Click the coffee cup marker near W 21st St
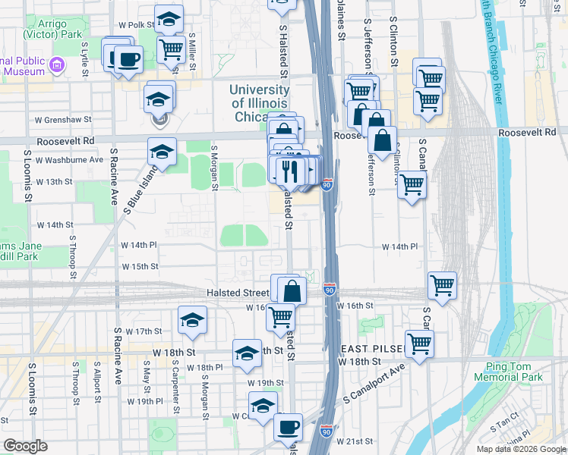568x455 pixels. (288, 428)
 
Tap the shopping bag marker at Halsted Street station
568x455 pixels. (292, 290)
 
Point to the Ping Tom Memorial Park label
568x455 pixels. (510, 372)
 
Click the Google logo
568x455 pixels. (25, 445)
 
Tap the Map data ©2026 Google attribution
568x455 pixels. (520, 449)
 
